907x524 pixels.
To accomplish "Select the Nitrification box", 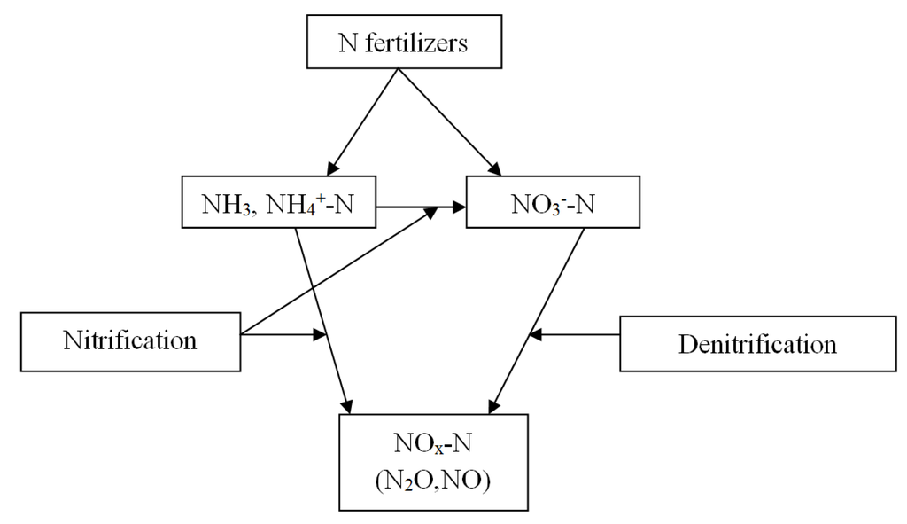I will [131, 340].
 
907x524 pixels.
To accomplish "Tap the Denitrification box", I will [756, 343].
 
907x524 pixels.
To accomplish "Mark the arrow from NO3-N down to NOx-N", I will [536, 319].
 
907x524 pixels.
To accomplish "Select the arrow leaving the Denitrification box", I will [580, 334].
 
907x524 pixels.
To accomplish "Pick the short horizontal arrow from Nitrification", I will [283, 335].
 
